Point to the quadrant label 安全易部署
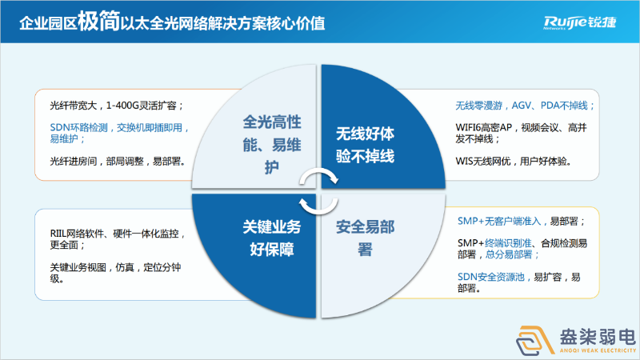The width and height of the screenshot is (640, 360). (366, 238)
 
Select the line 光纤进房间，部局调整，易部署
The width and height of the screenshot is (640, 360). (118, 161)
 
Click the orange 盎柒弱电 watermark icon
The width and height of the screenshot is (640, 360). (533, 340)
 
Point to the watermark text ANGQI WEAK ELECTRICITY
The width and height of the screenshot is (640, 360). (593, 350)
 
